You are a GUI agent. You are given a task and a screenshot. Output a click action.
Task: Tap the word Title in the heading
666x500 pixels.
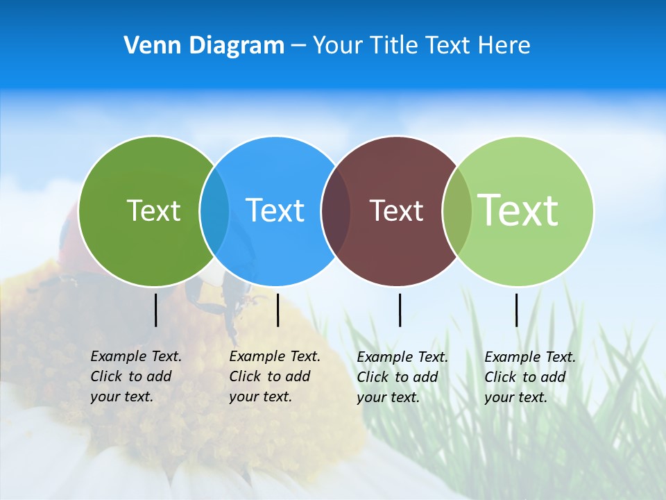[x=394, y=46]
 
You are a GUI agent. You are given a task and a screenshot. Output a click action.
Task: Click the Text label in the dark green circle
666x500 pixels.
[x=153, y=210]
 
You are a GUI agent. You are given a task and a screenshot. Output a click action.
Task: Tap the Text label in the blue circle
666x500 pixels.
[x=275, y=210]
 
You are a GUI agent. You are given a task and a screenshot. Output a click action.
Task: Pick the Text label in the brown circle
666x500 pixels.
[x=396, y=210]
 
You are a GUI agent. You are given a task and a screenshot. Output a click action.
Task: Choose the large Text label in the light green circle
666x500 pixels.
[x=518, y=210]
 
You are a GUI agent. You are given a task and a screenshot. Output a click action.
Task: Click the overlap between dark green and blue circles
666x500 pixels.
[x=214, y=210]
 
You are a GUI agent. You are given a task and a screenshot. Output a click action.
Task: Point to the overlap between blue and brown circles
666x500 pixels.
[x=336, y=210]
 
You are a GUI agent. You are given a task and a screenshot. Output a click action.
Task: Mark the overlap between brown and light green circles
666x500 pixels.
[x=457, y=210]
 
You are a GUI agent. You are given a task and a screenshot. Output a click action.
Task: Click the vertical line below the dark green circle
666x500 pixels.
[x=156, y=310]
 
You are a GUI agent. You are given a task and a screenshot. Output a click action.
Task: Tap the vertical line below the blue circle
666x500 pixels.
[x=277, y=310]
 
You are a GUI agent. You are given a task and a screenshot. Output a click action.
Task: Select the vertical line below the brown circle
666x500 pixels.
[x=400, y=310]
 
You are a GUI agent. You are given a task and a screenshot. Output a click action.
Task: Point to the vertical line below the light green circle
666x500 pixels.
[x=516, y=310]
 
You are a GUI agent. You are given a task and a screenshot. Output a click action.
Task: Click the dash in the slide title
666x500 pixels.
[x=298, y=46]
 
